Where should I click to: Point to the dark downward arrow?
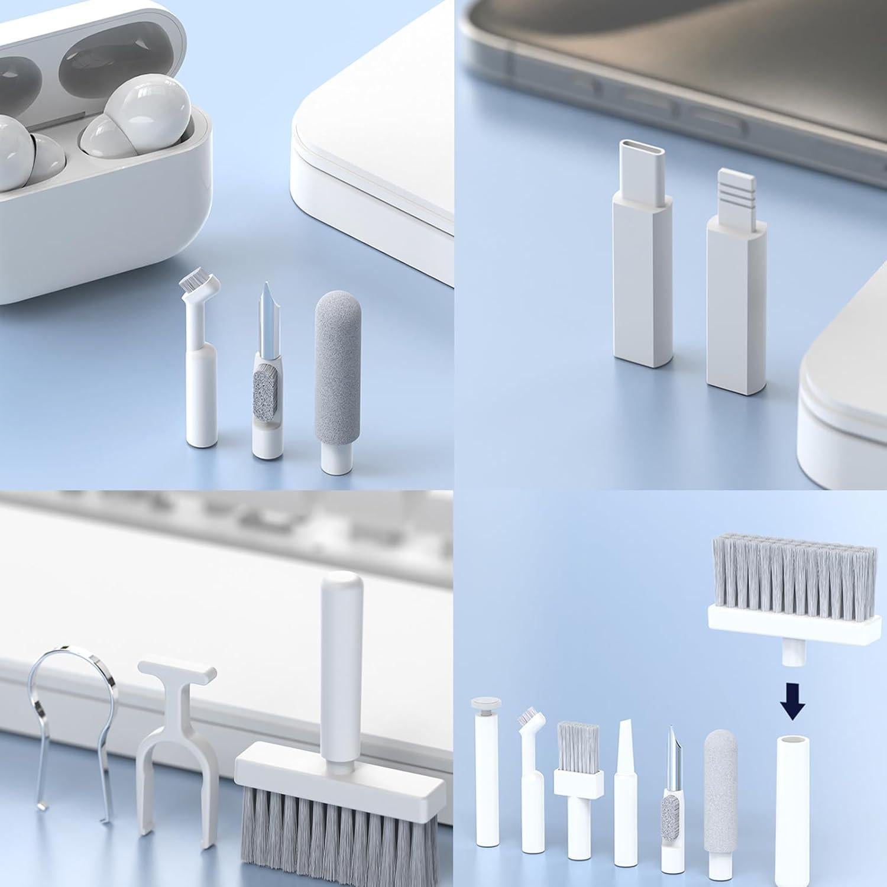792,703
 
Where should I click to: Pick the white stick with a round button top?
487,786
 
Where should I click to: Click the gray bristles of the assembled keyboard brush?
340,846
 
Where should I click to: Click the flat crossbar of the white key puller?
176,671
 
